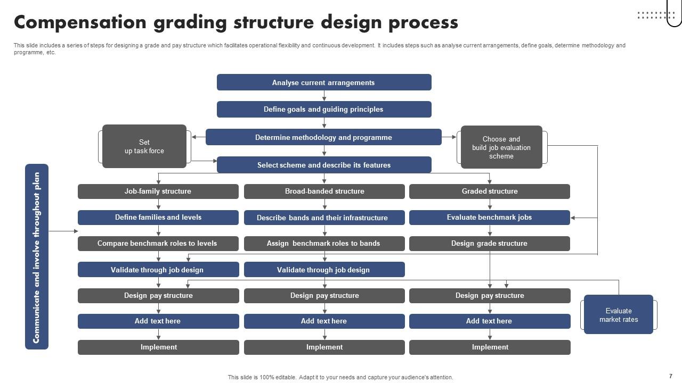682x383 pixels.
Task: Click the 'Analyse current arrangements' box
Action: click(x=323, y=82)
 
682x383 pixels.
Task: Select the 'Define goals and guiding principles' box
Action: click(x=323, y=110)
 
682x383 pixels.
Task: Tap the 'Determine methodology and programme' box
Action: click(x=323, y=137)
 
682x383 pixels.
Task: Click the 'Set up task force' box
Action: click(x=144, y=147)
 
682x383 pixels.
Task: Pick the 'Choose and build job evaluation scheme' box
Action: click(x=501, y=147)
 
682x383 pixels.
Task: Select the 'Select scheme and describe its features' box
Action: click(x=323, y=165)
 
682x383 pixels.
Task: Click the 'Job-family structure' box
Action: click(x=158, y=191)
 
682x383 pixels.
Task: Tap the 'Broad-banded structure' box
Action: click(x=324, y=191)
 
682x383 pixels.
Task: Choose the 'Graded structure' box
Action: click(x=489, y=191)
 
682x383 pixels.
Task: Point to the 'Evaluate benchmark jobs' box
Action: click(x=489, y=218)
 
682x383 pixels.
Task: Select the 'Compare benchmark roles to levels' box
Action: click(x=158, y=244)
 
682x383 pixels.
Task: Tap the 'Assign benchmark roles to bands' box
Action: click(x=324, y=244)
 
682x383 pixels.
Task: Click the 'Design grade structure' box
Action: click(x=489, y=244)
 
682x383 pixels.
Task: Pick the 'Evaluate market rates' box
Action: click(x=618, y=315)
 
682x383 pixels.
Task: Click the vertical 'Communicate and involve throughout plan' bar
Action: click(x=37, y=257)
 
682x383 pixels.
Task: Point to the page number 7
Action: click(x=671, y=376)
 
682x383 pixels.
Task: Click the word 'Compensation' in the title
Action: click(x=80, y=23)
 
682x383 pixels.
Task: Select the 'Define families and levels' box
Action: click(x=158, y=218)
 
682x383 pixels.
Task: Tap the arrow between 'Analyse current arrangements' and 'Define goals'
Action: click(x=324, y=96)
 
